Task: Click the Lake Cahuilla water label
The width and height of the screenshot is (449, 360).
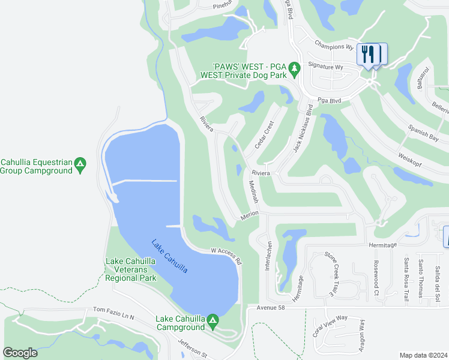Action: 169,257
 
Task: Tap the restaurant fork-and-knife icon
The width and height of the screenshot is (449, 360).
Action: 369,54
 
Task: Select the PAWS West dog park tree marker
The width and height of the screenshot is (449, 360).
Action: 294,70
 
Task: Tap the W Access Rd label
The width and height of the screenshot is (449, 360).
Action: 226,256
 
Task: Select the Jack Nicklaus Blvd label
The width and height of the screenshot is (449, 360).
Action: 303,129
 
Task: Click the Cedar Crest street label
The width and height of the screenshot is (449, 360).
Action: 264,134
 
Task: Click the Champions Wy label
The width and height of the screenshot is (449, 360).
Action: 334,46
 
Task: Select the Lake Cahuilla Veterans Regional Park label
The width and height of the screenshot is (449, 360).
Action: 131,269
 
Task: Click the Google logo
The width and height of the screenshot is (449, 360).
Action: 20,352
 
